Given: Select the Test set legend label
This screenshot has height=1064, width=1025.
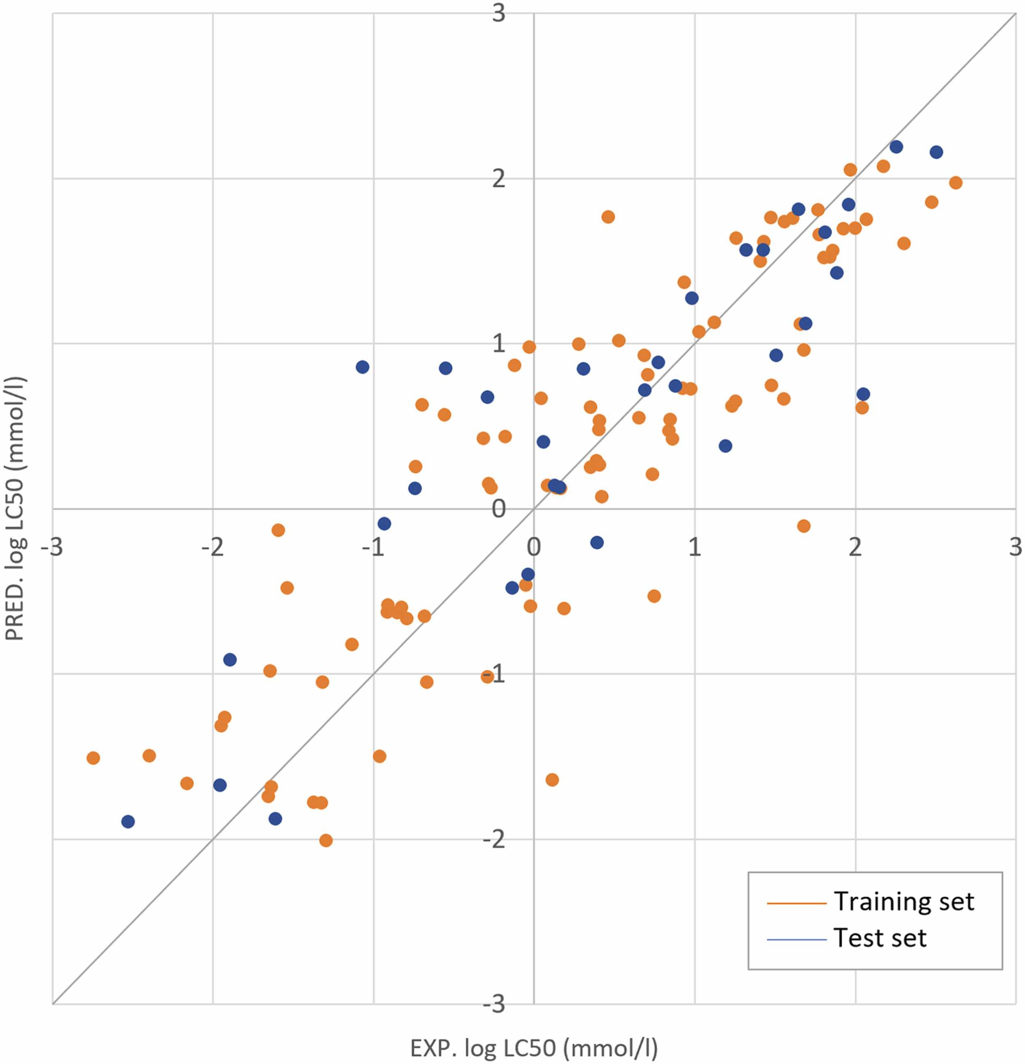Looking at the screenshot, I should (880, 938).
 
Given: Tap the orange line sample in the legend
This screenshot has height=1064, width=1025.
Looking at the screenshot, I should (796, 903).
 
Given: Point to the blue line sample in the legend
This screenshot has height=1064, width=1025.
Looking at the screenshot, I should (796, 939).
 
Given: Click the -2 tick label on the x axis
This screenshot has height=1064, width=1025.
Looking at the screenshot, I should (212, 547).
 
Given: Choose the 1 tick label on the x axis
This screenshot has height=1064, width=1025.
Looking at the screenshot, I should (695, 547).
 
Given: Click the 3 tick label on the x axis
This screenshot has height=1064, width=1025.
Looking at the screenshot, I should (1015, 547).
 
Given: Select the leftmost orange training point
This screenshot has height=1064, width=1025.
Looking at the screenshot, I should (93, 758).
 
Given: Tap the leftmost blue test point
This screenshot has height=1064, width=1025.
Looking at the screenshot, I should (128, 821).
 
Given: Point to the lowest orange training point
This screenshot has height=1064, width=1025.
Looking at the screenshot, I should (326, 840).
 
